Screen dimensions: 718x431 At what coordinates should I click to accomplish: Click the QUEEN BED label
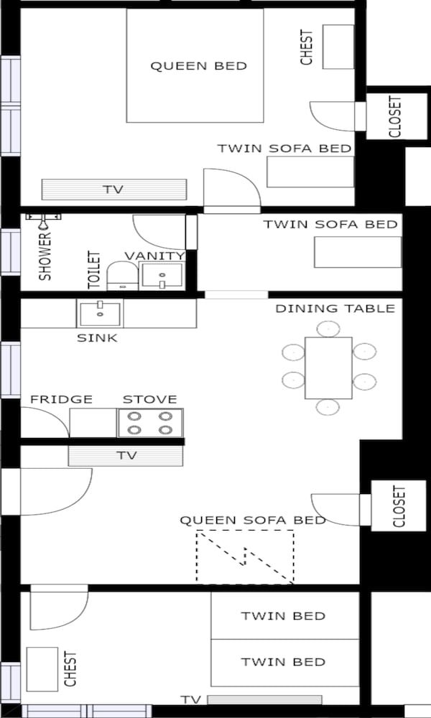(x=198, y=66)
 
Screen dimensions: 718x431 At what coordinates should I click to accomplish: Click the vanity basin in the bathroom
(x=162, y=276)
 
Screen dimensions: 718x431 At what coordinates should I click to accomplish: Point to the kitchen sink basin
(x=100, y=314)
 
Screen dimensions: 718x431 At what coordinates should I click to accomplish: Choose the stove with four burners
(x=150, y=423)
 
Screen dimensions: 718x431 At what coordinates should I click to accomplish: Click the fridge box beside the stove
(x=93, y=423)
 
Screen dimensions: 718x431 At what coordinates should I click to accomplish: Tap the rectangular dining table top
(x=328, y=368)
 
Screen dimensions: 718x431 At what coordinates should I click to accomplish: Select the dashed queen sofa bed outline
(x=245, y=556)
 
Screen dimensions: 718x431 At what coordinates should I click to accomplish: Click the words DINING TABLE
(x=335, y=309)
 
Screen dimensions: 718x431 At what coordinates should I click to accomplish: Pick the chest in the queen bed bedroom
(x=338, y=47)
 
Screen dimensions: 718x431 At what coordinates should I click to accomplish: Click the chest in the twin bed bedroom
(x=42, y=668)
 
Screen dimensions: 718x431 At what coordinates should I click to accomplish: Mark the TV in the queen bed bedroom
(x=113, y=190)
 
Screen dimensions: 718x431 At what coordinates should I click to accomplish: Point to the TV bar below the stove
(x=126, y=456)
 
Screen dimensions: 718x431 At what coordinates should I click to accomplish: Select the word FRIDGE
(x=61, y=399)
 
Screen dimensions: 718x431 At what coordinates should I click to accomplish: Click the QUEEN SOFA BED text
(x=253, y=520)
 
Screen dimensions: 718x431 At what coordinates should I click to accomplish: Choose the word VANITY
(x=154, y=256)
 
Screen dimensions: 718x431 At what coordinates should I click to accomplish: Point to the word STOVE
(x=149, y=399)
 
